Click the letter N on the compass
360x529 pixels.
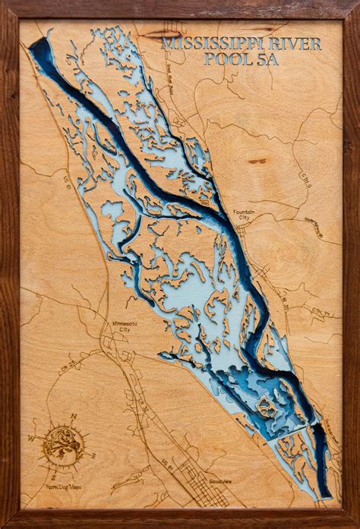[x=74, y=416]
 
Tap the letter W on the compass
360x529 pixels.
[x=33, y=439]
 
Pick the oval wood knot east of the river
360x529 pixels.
[x=259, y=161]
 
